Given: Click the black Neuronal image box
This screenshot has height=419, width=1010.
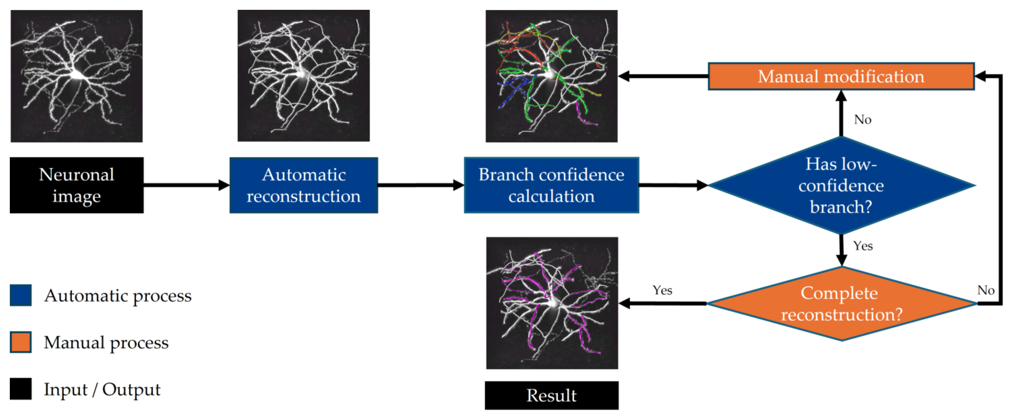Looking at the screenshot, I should [77, 185].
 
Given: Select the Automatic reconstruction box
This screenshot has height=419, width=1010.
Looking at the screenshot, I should [304, 185].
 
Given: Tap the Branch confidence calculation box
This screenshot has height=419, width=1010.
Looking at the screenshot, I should [551, 185].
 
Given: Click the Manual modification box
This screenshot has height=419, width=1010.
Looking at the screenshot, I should [841, 77].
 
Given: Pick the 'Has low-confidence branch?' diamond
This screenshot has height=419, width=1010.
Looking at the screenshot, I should [841, 185].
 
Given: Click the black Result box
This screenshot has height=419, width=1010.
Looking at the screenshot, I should [551, 395].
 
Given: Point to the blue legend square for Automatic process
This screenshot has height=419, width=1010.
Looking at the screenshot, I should [20, 295].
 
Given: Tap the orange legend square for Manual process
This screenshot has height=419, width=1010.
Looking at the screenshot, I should [20, 342].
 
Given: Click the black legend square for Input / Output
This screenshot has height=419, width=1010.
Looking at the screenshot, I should [20, 389].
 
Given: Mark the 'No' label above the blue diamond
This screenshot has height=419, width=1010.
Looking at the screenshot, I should [862, 119].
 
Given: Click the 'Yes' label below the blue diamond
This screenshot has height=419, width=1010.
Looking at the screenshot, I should [862, 246].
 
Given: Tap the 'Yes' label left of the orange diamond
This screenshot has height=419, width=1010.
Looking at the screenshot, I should [662, 290].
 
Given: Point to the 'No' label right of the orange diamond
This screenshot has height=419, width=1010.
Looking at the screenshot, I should [985, 290].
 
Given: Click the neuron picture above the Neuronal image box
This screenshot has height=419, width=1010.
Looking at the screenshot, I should [77, 76].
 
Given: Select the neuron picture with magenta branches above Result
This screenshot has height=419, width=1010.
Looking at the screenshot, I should [552, 303].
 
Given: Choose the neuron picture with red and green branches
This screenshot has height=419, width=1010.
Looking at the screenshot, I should [551, 76].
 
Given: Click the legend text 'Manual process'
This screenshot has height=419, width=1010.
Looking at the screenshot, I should [106, 342].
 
